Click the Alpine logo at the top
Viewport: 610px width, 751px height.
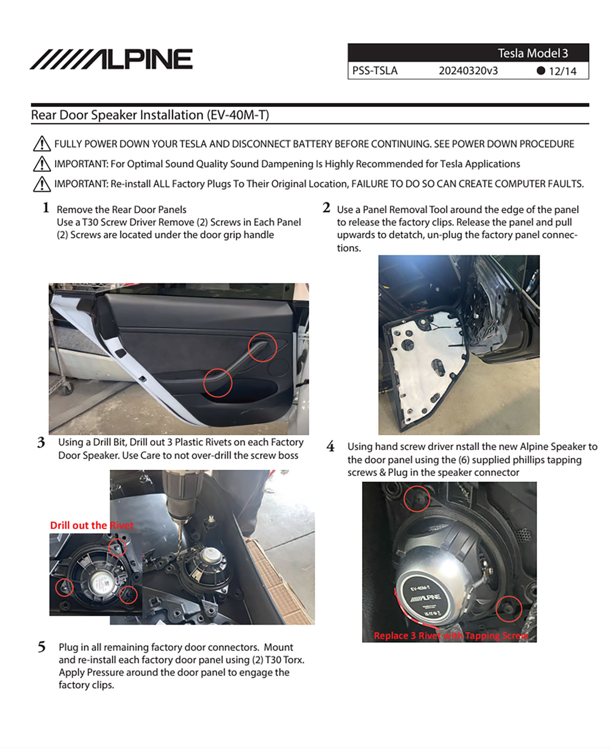click(x=111, y=59)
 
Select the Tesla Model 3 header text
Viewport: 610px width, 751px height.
click(x=533, y=53)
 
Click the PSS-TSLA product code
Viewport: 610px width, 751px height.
click(x=374, y=71)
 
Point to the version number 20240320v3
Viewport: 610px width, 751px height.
click(x=468, y=71)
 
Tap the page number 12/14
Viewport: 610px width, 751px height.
click(x=563, y=71)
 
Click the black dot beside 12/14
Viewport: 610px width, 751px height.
click(x=541, y=71)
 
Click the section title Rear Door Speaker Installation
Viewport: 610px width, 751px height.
click(x=150, y=115)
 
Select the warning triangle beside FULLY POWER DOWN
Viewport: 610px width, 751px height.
click(x=42, y=144)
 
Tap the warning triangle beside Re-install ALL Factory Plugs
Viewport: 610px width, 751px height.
click(x=42, y=184)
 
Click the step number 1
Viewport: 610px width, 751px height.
click(x=46, y=207)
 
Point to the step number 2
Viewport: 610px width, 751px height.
click(x=327, y=207)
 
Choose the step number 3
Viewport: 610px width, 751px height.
click(x=41, y=442)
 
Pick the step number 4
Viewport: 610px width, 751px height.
click(x=330, y=446)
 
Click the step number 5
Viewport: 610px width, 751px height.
click(x=42, y=647)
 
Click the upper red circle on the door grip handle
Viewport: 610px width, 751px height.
click(x=262, y=347)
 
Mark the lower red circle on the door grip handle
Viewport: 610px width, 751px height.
click(x=218, y=383)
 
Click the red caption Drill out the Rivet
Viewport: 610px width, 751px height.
click(x=92, y=525)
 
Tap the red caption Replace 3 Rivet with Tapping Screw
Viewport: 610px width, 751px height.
click(x=450, y=636)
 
